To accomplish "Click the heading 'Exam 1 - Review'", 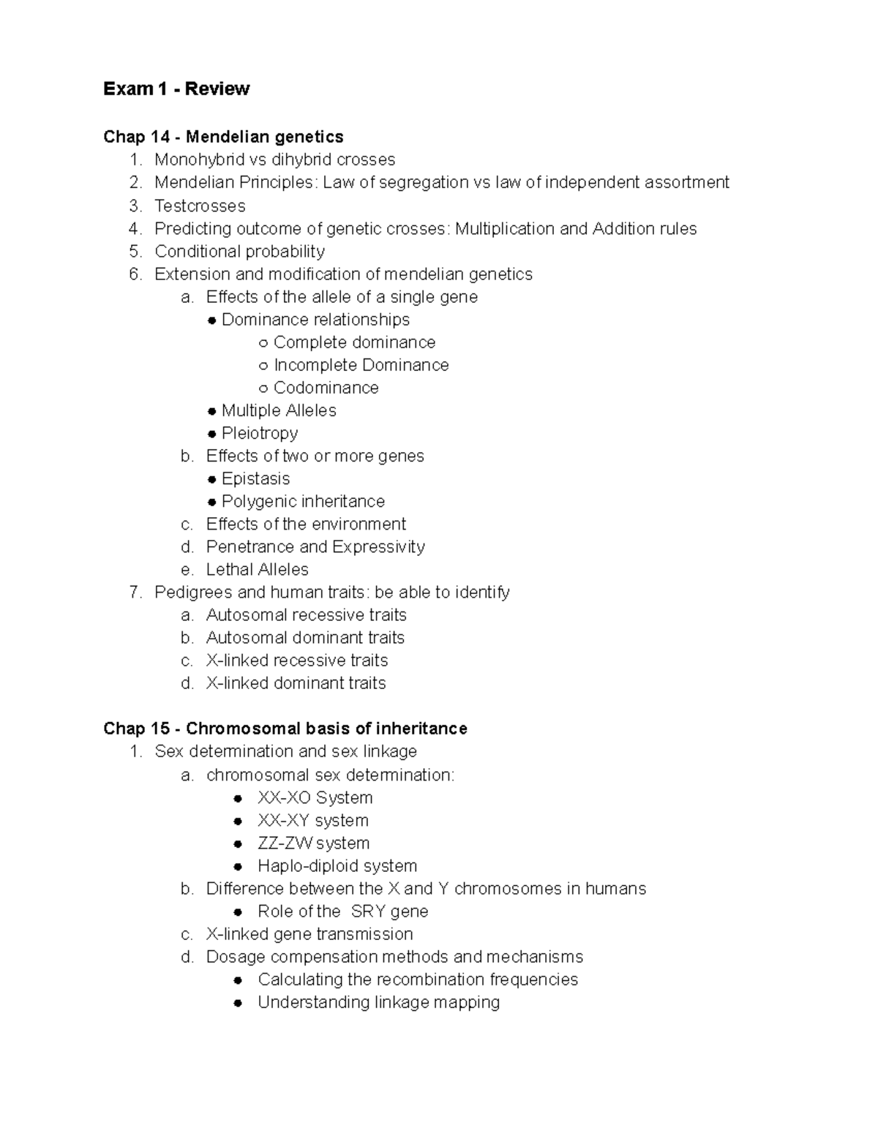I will pyautogui.click(x=176, y=89).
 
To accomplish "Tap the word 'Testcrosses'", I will pyautogui.click(x=200, y=206).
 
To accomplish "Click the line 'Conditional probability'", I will pyautogui.click(x=239, y=252).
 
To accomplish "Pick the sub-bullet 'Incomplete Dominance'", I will pyautogui.click(x=361, y=365).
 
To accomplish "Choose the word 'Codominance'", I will pyautogui.click(x=326, y=388).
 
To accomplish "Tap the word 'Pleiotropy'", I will pyautogui.click(x=259, y=433).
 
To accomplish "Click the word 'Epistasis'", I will pyautogui.click(x=255, y=478).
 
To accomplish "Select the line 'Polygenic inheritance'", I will pyautogui.click(x=303, y=501).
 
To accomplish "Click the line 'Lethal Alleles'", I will pyautogui.click(x=257, y=570).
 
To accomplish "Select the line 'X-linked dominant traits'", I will pyautogui.click(x=296, y=683).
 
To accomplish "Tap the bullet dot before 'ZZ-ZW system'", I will pyautogui.click(x=238, y=844).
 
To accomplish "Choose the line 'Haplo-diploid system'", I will pyautogui.click(x=337, y=866).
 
